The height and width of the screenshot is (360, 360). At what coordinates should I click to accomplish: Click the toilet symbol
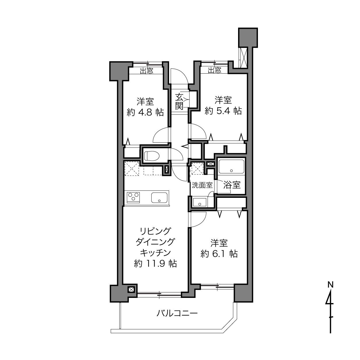click(152, 156)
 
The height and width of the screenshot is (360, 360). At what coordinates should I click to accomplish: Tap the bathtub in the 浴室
click(231, 166)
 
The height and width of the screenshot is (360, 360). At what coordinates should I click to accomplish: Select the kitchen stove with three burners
click(133, 197)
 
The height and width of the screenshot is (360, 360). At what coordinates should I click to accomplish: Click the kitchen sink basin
click(159, 198)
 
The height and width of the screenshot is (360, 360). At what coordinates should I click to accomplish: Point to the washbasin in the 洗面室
click(200, 202)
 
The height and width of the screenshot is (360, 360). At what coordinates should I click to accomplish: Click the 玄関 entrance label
click(179, 102)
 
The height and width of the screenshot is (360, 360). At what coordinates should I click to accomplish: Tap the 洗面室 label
click(202, 185)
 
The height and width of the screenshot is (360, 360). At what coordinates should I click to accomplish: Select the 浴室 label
click(232, 185)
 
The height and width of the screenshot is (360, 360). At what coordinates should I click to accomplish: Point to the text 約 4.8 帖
click(145, 112)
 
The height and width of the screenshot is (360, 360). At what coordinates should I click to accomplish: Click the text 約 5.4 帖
click(223, 111)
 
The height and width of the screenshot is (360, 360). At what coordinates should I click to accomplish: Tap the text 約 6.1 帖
click(219, 254)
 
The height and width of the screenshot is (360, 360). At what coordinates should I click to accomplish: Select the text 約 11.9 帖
click(155, 264)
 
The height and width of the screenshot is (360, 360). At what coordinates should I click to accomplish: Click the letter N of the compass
click(330, 285)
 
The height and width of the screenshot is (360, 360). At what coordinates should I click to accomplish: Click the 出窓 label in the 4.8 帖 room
click(147, 71)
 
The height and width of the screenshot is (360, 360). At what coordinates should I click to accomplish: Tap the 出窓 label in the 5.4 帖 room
click(215, 70)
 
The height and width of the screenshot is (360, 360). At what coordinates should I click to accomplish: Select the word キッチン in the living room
click(156, 252)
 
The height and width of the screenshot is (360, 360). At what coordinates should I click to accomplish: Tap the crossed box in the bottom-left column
click(131, 290)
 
